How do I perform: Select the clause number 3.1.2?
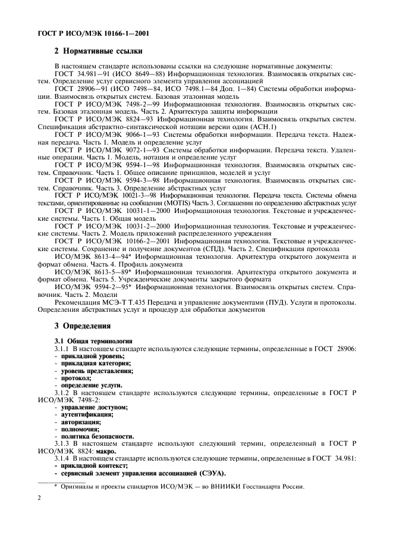64,393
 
